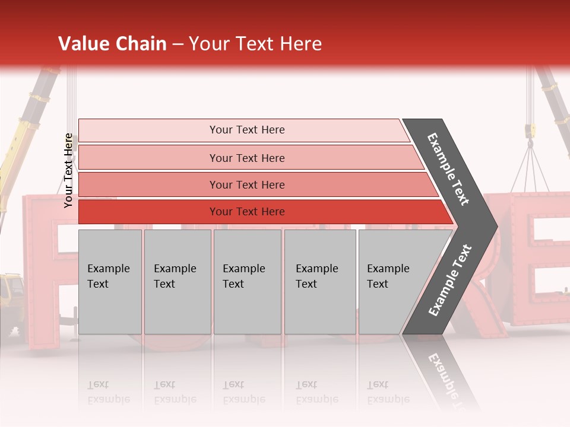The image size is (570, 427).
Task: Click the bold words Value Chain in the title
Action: point(112,44)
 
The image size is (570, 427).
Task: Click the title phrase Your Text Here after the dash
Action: point(255,44)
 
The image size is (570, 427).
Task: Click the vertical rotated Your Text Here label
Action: point(69,170)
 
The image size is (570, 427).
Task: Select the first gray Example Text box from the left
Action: point(110,281)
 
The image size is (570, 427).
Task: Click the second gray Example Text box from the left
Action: point(177,281)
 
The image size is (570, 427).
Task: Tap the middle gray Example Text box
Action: point(247,281)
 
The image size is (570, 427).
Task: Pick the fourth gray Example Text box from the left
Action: point(320,281)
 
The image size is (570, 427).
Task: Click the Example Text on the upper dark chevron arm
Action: point(448,169)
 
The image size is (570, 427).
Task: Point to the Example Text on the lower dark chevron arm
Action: point(449,281)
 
